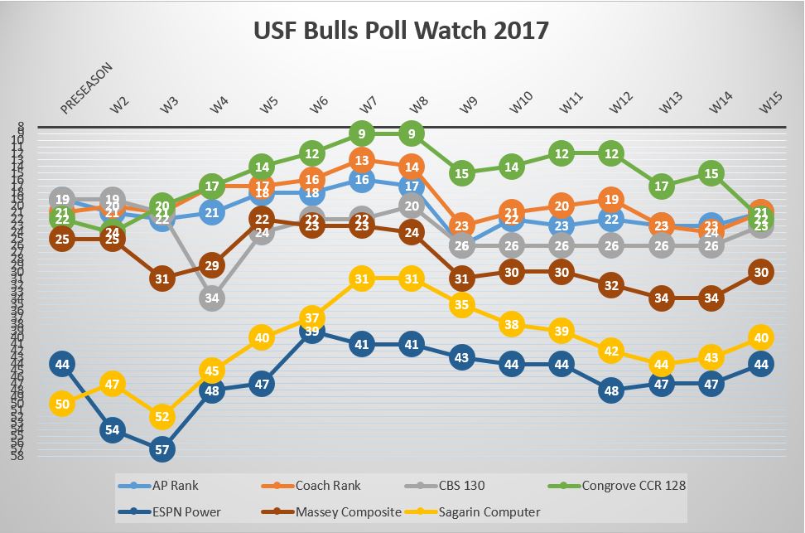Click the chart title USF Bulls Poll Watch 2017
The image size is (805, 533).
click(402, 31)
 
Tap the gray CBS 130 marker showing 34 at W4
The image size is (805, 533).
click(211, 298)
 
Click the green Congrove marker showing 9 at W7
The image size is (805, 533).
click(361, 132)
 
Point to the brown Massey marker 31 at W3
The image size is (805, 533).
click(161, 279)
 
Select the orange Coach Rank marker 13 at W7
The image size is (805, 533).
click(361, 160)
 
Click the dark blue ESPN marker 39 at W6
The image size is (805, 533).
click(311, 331)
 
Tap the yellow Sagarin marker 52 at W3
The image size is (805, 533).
click(161, 417)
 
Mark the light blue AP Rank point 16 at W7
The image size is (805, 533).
click(361, 179)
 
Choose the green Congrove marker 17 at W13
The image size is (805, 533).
click(661, 186)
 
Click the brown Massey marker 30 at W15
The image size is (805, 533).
click(761, 272)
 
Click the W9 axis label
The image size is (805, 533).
click(469, 105)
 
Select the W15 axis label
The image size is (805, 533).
click(769, 104)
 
